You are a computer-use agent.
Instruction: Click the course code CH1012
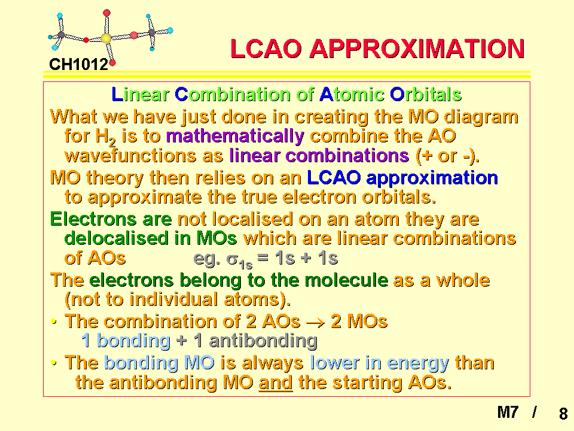pos(79,65)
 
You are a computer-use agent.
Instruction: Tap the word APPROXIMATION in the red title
pos(417,48)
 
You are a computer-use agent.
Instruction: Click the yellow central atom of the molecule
pos(106,38)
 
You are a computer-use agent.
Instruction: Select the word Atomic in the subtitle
pos(352,95)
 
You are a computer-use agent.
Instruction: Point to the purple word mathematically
pos(235,136)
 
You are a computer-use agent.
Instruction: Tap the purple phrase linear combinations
pos(319,156)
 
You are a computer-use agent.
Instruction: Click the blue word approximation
pos(432,178)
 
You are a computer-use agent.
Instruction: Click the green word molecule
pos(346,280)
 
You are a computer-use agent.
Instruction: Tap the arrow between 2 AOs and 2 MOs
pos(315,323)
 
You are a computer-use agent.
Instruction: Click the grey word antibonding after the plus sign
pos(263,341)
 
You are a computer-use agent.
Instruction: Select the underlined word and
pos(275,383)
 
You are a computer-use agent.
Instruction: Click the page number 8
pos(563,414)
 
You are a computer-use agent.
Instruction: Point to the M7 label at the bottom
pos(508,412)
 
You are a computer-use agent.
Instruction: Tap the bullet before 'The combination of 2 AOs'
pos(54,322)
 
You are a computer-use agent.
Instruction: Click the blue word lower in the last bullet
pos(335,363)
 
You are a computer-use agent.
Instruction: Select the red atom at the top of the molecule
pos(106,13)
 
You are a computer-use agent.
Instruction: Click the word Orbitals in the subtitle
pos(426,95)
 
